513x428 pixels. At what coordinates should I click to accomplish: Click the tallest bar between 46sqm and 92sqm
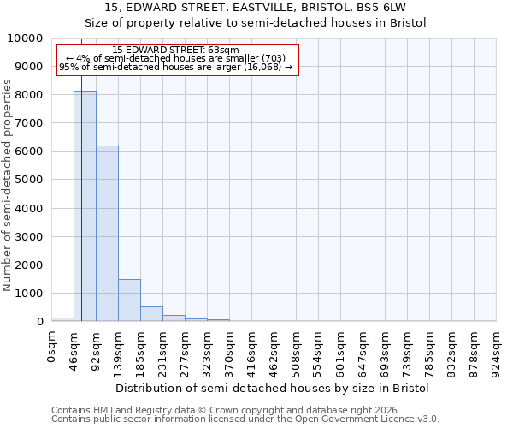[85, 206]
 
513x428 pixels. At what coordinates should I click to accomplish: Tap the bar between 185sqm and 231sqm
[151, 313]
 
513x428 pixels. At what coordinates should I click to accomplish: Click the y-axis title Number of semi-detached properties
[8, 185]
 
